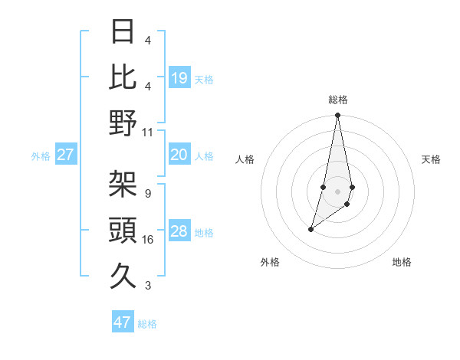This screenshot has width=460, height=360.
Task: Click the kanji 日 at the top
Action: pyautogui.click(x=123, y=32)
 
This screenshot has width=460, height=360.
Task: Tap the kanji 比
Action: pyautogui.click(x=123, y=77)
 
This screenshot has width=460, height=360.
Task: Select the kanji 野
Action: pyautogui.click(x=123, y=123)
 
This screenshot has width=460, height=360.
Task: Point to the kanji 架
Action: pyautogui.click(x=123, y=184)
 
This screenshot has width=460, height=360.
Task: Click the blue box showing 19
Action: pyautogui.click(x=179, y=78)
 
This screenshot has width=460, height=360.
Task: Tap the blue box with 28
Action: pyautogui.click(x=179, y=232)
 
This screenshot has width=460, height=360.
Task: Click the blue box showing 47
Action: pyautogui.click(x=123, y=322)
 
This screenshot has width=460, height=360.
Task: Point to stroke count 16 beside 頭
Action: pyautogui.click(x=149, y=240)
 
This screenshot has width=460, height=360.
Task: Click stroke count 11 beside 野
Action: pyautogui.click(x=148, y=132)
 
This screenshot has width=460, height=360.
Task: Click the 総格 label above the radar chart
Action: pyautogui.click(x=338, y=100)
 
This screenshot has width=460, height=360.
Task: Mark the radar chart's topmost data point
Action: pyautogui.click(x=337, y=116)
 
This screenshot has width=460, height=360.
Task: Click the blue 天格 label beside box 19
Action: pyautogui.click(x=204, y=80)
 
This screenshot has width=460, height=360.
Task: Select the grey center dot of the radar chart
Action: pyautogui.click(x=337, y=191)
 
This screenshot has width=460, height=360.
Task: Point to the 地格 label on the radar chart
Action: pyautogui.click(x=402, y=262)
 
